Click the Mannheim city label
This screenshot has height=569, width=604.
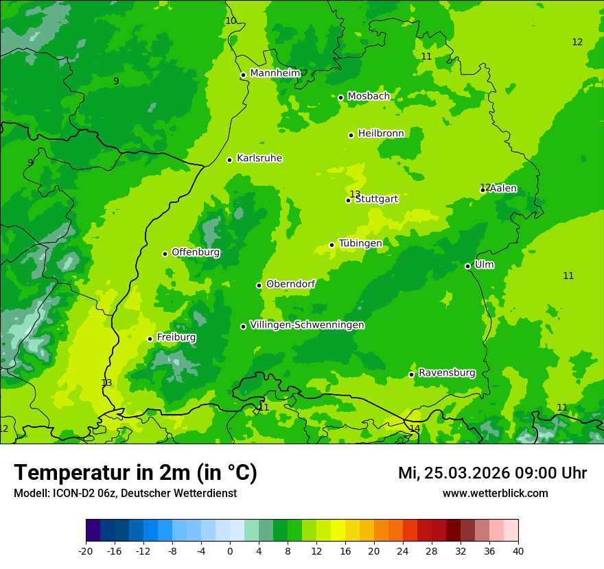click(x=275, y=73)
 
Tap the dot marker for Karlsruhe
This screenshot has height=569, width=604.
click(x=229, y=160)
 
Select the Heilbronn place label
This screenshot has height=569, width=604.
click(x=381, y=134)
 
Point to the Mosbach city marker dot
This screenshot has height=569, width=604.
click(x=340, y=97)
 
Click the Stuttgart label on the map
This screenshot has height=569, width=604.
click(x=376, y=199)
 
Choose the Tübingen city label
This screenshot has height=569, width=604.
click(x=360, y=243)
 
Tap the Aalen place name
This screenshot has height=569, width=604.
click(x=503, y=189)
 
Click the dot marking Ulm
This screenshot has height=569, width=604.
click(x=467, y=266)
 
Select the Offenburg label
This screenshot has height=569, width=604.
click(x=196, y=252)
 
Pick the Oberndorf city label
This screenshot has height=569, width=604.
click(x=290, y=284)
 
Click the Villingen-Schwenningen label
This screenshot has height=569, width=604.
click(x=307, y=325)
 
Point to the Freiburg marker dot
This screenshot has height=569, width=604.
click(x=150, y=339)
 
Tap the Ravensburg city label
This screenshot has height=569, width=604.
click(x=447, y=373)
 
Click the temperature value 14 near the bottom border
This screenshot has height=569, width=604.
click(x=415, y=428)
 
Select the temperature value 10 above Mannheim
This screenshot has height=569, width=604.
click(x=231, y=21)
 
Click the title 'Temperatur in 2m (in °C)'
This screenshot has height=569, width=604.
click(x=135, y=473)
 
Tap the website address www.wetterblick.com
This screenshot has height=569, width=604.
click(x=495, y=494)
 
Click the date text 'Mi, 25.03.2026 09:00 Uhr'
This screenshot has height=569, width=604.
click(x=492, y=473)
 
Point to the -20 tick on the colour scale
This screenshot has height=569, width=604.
click(x=86, y=550)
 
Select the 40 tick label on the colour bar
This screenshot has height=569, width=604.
click(x=518, y=550)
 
